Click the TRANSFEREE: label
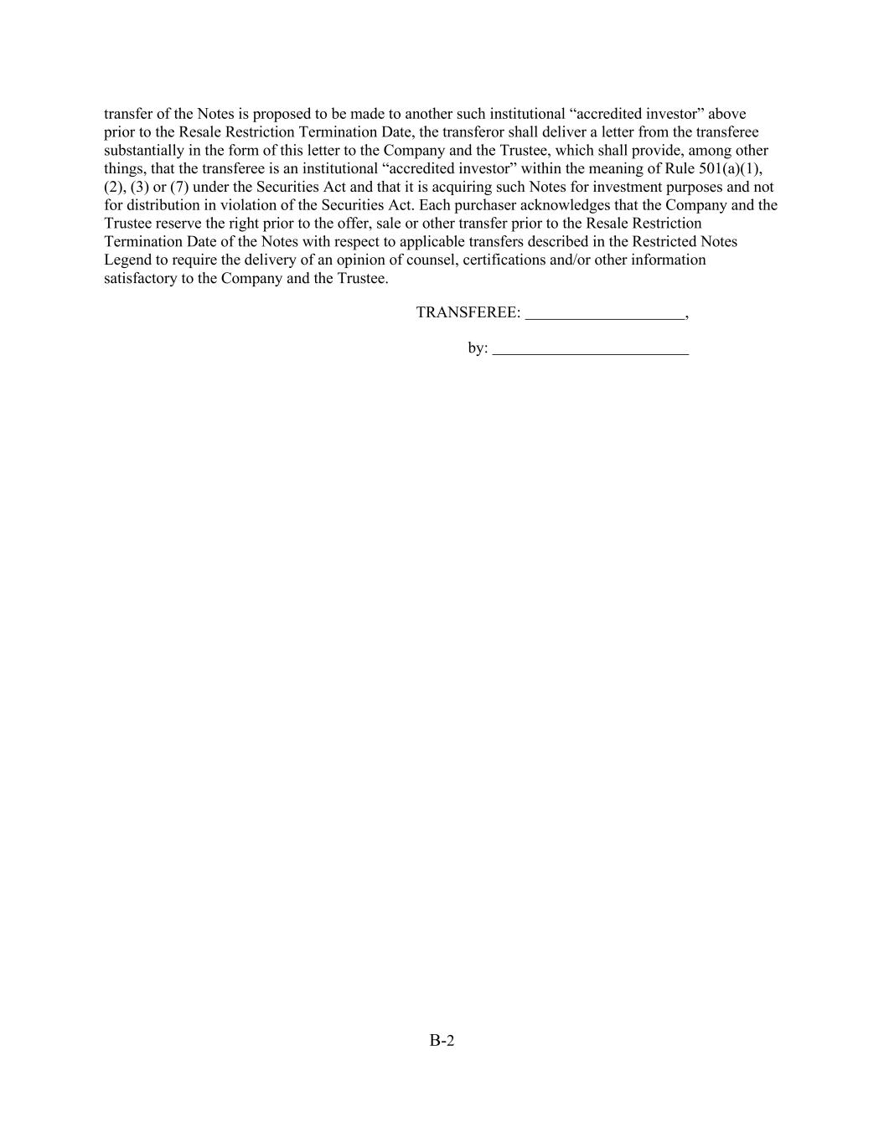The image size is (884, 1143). (x=468, y=313)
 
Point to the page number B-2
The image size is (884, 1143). (x=442, y=1041)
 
